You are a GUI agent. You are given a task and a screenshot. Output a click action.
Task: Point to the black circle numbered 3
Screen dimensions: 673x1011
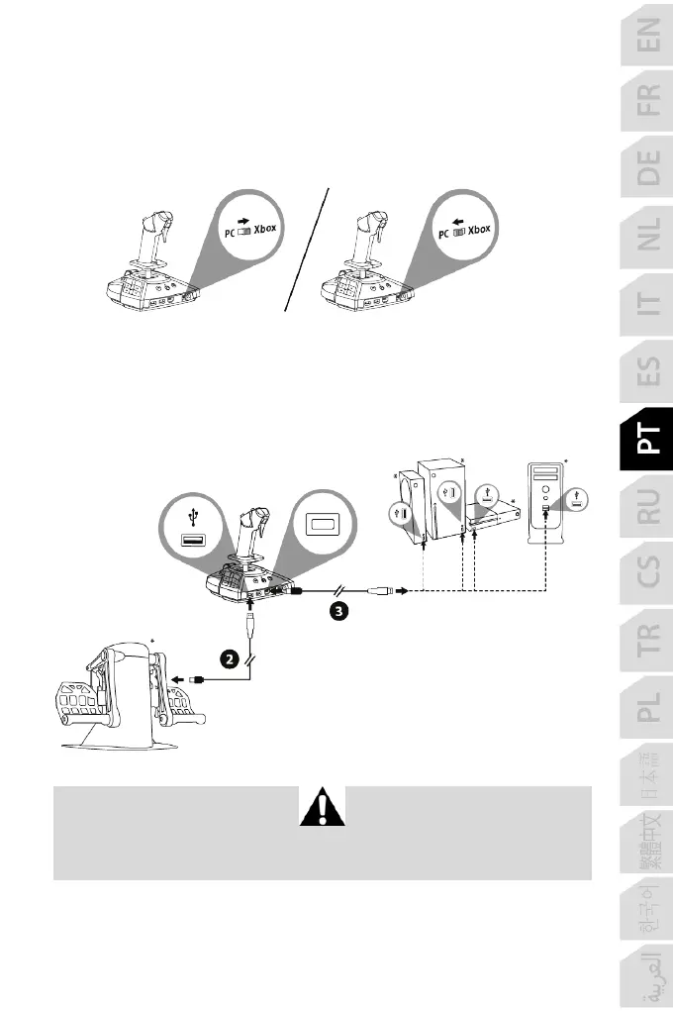pyautogui.click(x=337, y=611)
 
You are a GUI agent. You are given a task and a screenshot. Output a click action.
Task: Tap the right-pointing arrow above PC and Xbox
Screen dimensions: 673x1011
pyautogui.click(x=244, y=210)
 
